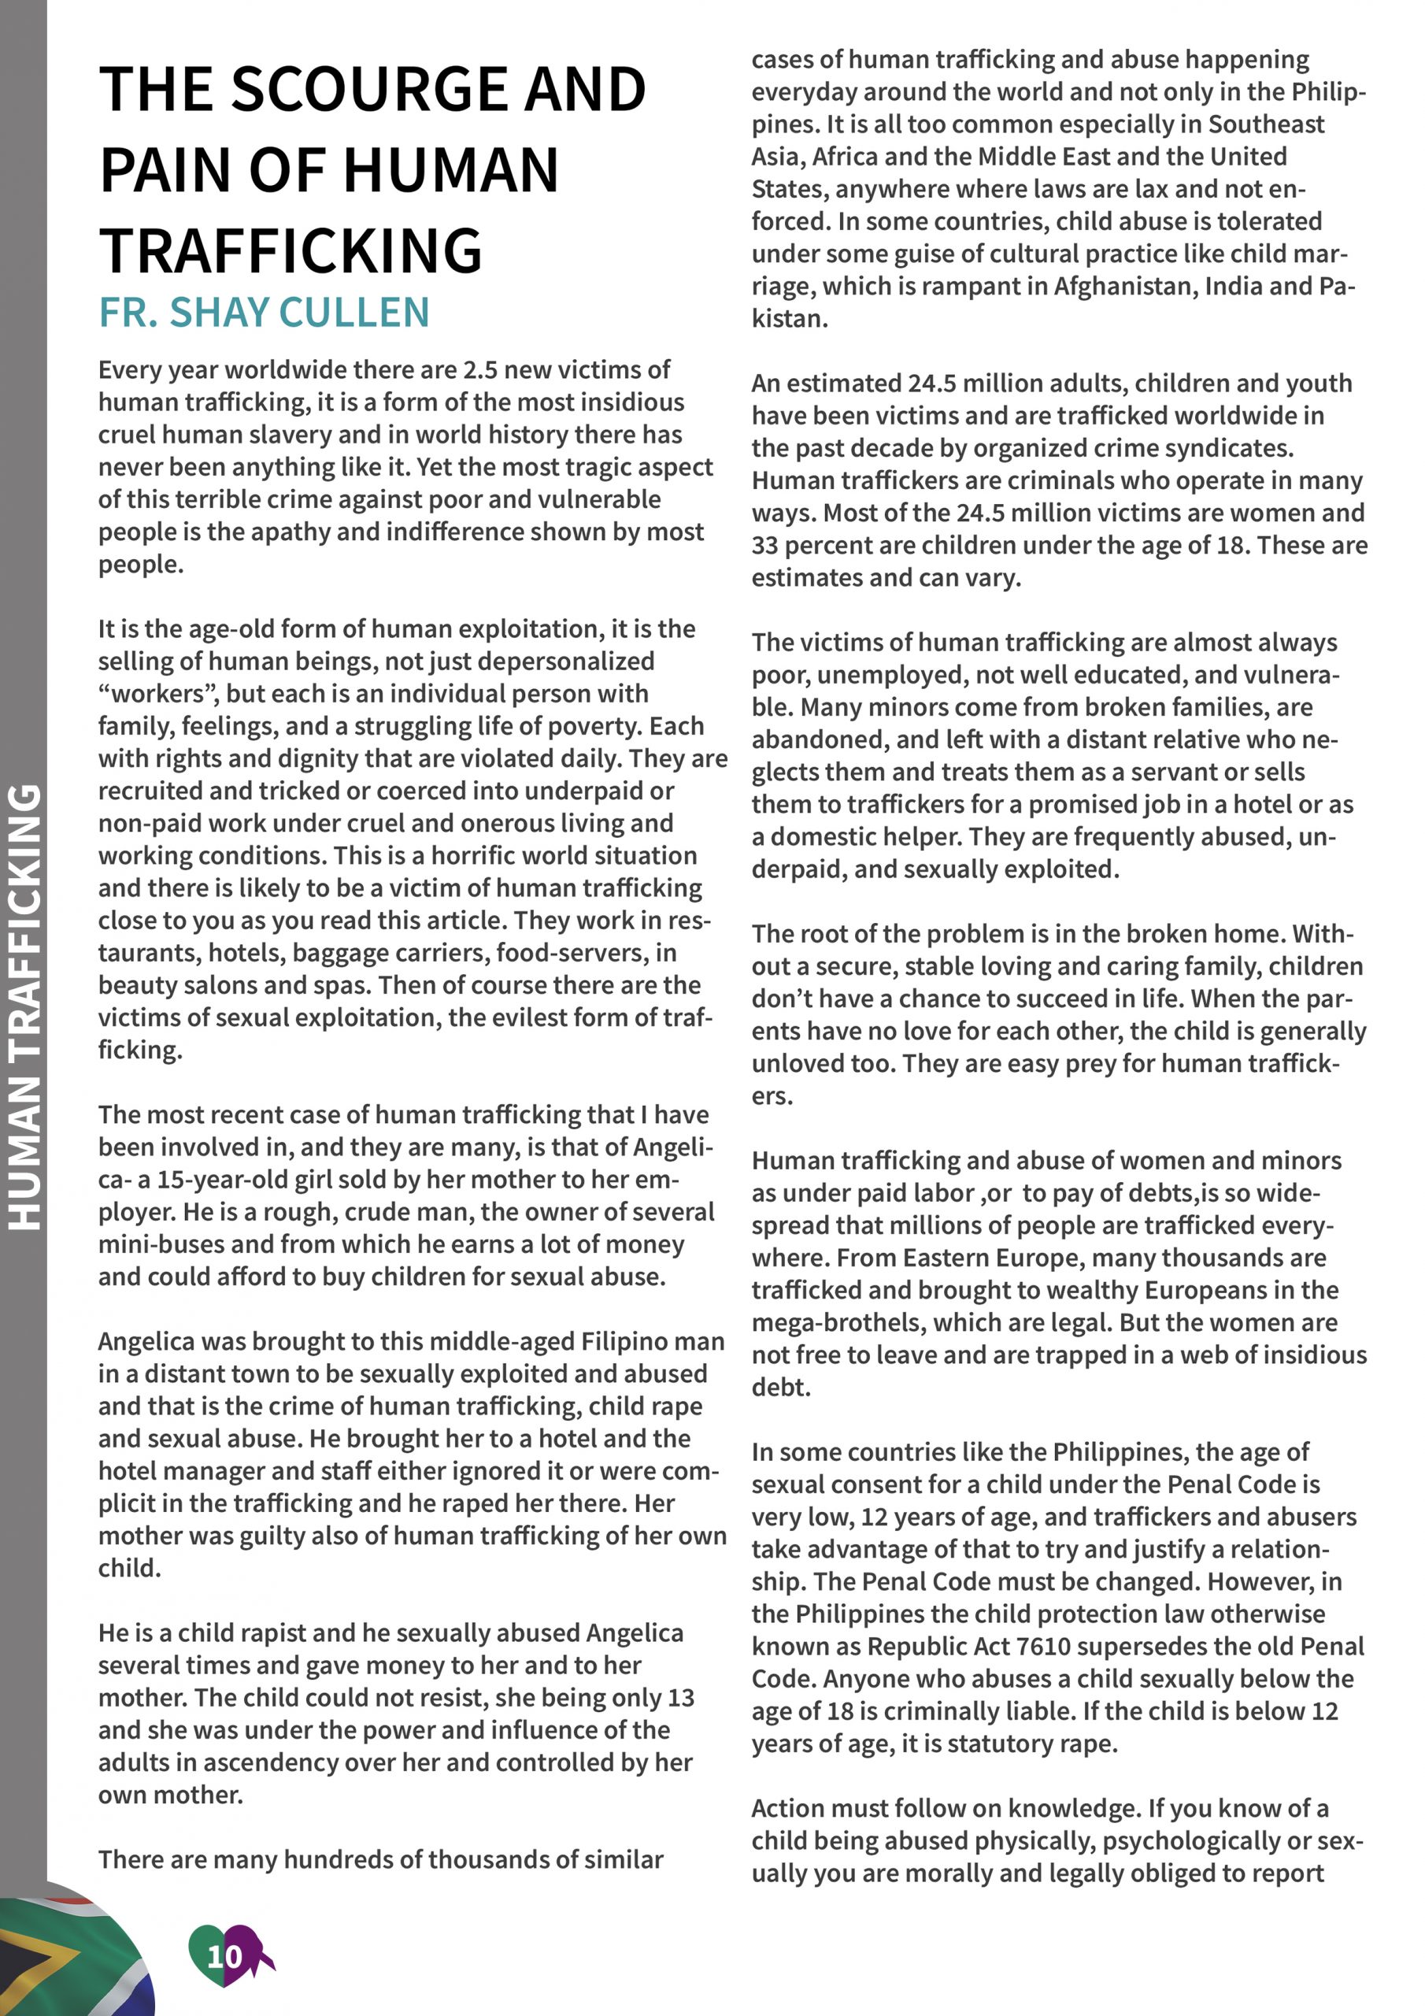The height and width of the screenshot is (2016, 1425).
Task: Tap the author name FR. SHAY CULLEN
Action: point(264,313)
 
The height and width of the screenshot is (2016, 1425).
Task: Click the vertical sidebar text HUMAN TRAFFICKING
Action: point(24,1006)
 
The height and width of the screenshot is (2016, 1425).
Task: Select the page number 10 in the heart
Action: point(224,1955)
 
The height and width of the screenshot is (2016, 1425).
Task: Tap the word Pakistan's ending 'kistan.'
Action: point(790,319)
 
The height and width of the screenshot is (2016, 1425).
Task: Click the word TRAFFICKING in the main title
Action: point(290,250)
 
